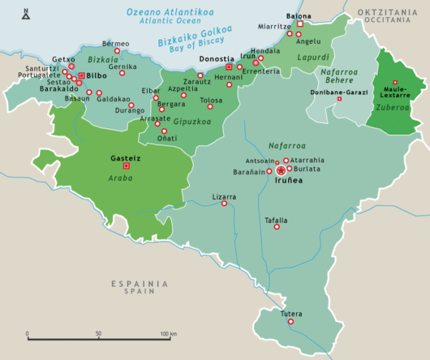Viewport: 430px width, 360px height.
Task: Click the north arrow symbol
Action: tap(27, 12)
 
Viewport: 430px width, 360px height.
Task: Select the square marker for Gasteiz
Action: tap(126, 166)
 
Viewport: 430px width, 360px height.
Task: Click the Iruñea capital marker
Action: tap(281, 171)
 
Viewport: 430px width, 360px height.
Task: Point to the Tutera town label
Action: tap(291, 314)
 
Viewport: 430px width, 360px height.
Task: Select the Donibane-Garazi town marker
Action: tap(340, 99)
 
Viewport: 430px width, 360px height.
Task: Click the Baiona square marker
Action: tap(300, 24)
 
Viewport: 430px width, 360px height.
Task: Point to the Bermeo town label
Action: tap(116, 44)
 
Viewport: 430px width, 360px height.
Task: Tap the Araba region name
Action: tap(120, 177)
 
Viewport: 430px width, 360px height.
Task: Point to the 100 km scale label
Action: tap(168, 334)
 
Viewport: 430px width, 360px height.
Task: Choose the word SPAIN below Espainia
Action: tap(139, 293)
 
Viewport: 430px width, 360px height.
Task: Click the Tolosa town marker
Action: tap(210, 107)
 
